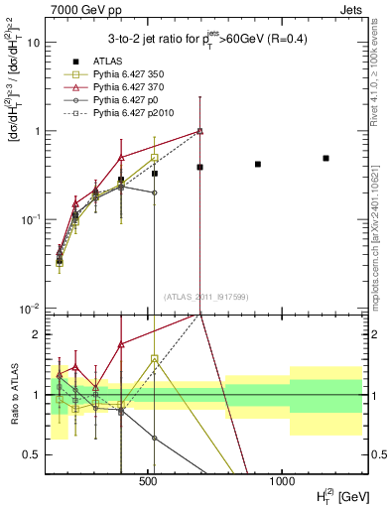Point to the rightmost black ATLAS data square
pos(325,158)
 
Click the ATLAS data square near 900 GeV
pos(258,164)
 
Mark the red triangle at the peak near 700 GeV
pos(200,131)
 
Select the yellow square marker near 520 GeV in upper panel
pos(155,158)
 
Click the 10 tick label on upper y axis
pos(32,43)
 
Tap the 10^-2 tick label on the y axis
pos(30,308)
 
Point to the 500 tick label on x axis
pos(148,480)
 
